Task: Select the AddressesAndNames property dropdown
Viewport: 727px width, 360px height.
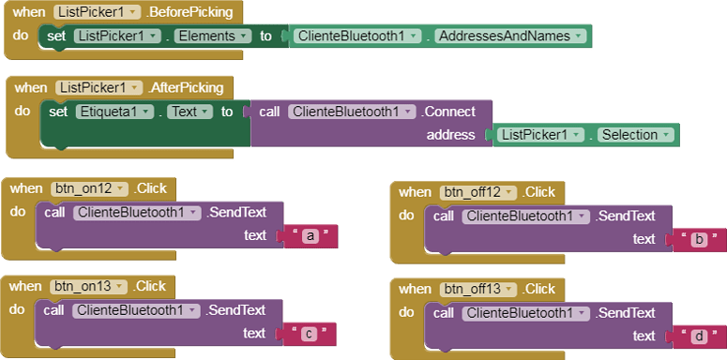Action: click(x=511, y=36)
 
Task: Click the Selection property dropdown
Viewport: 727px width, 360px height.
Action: click(x=636, y=135)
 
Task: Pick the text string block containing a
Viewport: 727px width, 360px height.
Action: click(x=309, y=236)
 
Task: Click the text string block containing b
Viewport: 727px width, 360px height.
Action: click(x=697, y=239)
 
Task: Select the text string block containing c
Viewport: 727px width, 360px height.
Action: click(x=309, y=334)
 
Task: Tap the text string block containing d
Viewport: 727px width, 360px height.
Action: click(x=697, y=337)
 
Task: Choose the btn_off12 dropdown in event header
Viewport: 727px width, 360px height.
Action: click(x=478, y=192)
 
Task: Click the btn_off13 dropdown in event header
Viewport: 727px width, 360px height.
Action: click(x=478, y=288)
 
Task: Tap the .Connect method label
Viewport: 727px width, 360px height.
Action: click(x=448, y=112)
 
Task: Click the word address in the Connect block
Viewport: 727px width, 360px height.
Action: click(x=451, y=135)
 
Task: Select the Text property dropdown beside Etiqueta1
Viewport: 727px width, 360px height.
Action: click(x=189, y=112)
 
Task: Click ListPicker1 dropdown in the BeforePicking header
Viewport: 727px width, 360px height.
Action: click(x=98, y=12)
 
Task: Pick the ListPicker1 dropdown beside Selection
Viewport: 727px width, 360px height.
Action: click(x=540, y=135)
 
